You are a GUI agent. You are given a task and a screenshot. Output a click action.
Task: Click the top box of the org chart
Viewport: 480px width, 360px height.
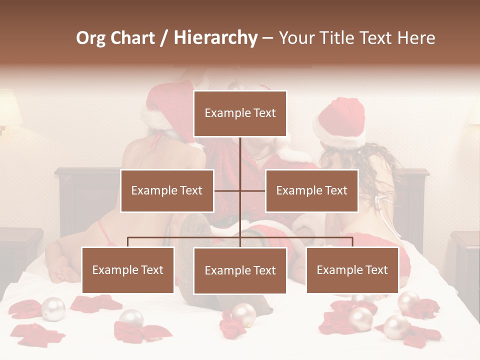240,113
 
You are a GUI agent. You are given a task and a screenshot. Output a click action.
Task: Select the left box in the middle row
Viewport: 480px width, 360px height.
167,190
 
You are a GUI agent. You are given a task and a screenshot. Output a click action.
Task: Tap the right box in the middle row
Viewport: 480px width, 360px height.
311,190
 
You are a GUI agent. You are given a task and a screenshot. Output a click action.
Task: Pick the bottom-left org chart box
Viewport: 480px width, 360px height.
128,270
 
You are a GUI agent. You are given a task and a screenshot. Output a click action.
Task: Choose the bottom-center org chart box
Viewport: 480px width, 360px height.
240,270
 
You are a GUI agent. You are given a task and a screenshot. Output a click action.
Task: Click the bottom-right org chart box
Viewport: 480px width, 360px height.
352,270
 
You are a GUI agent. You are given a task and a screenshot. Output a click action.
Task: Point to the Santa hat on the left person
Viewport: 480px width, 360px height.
165,107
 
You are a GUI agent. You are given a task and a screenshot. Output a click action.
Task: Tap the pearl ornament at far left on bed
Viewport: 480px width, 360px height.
53,308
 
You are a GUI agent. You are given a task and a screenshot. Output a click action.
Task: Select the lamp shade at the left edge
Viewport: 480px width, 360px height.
9,107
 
